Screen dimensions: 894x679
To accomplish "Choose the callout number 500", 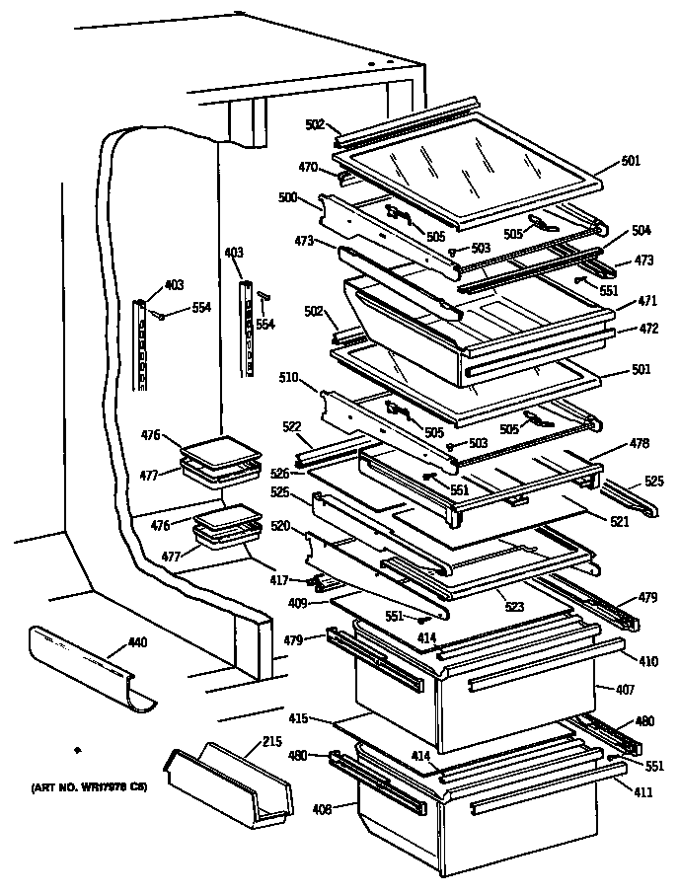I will click(x=289, y=197).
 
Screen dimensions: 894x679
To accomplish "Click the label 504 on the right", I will click(x=641, y=230).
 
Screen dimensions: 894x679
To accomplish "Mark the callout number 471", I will click(x=645, y=299).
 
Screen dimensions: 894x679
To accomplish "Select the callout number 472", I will click(x=645, y=328).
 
